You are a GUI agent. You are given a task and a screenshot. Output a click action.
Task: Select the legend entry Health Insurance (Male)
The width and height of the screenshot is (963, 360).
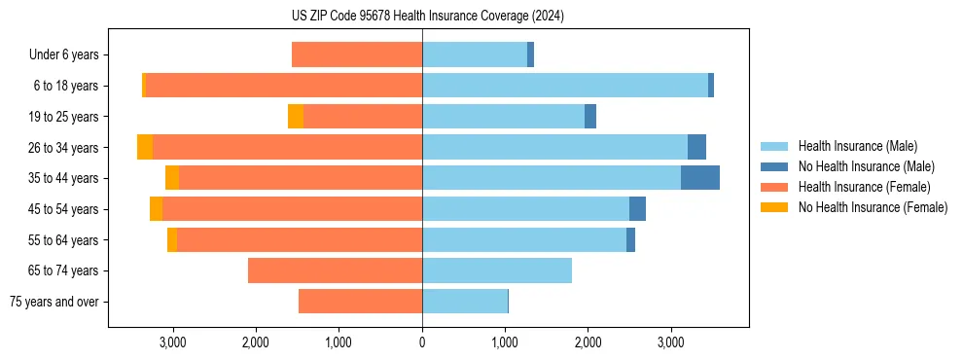(857, 146)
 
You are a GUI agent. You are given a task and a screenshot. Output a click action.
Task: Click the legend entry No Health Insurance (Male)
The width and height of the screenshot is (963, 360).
(866, 166)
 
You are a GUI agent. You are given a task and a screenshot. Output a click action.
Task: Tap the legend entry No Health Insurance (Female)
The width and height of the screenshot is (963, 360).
(873, 207)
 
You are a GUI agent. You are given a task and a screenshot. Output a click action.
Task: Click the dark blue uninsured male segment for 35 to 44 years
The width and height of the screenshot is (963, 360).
(699, 178)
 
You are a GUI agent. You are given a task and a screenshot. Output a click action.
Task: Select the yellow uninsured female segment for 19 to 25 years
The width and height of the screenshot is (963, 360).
(296, 117)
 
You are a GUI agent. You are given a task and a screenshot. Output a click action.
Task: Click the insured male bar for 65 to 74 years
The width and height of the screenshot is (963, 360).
(496, 270)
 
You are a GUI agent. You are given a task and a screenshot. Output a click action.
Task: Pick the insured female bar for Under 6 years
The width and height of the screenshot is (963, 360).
(356, 54)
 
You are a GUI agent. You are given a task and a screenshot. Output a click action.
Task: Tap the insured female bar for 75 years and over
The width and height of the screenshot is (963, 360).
(360, 302)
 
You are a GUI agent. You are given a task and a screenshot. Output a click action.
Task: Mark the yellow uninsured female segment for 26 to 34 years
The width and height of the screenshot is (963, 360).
(145, 147)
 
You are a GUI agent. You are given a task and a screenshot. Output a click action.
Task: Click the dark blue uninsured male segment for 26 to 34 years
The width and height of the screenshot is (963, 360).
(696, 147)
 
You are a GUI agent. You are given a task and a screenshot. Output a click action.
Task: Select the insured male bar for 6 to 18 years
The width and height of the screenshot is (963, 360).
(564, 86)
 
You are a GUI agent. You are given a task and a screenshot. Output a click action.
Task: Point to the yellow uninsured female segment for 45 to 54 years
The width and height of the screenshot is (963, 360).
(156, 209)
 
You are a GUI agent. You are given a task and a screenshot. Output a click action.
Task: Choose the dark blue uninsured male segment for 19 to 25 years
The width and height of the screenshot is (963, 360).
(590, 117)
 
